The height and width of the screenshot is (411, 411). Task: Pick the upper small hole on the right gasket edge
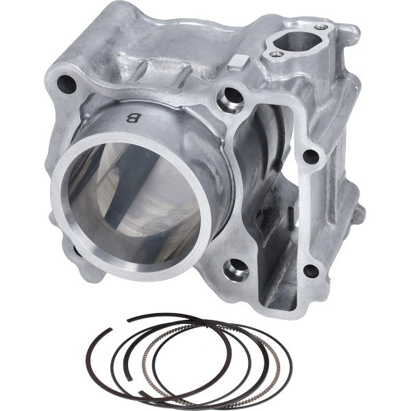coord(311,156)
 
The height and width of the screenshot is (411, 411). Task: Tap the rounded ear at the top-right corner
coord(350,32)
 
